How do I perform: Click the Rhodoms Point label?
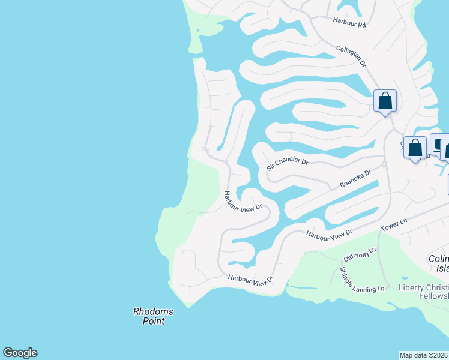(153, 316)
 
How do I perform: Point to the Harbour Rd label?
(349, 24)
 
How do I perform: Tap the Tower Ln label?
(394, 226)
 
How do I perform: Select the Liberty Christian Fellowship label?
(424, 292)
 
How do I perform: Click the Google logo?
(20, 353)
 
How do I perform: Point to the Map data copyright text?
(424, 355)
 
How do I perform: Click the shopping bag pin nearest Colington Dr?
(385, 101)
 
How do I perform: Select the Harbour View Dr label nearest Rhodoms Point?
(250, 279)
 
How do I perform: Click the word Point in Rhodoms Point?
(153, 321)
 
